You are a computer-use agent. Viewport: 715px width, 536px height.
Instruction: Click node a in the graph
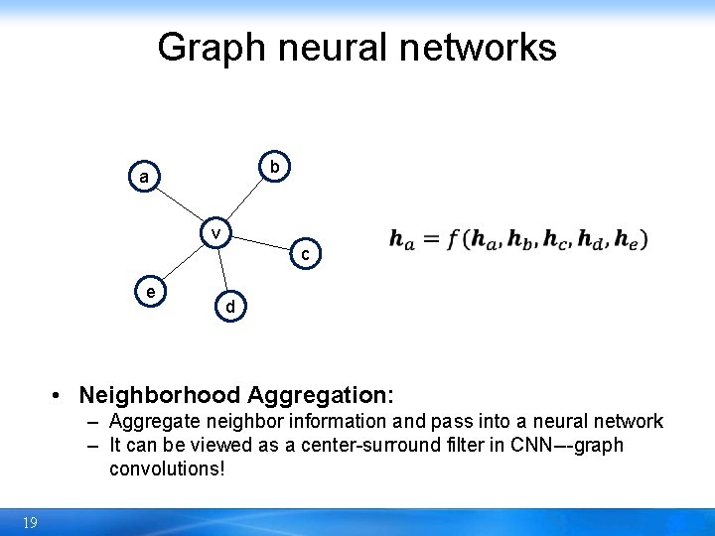coord(145,178)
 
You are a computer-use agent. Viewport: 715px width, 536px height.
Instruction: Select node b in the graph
coord(274,166)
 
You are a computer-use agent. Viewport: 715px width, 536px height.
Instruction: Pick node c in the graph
coord(306,255)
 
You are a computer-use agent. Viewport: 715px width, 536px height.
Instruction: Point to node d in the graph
coord(230,308)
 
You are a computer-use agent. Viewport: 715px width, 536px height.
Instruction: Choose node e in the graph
coord(150,292)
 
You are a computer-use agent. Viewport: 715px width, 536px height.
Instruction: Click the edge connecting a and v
coord(181,205)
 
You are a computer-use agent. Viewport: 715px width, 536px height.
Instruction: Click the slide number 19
coord(30,523)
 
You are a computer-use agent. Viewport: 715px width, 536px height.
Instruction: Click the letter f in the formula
coord(456,239)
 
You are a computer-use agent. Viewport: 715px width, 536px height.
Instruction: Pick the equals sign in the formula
coord(430,239)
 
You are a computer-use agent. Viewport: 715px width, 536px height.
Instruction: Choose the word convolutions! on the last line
coord(168,468)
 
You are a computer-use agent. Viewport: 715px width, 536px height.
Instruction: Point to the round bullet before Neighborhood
coord(59,395)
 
